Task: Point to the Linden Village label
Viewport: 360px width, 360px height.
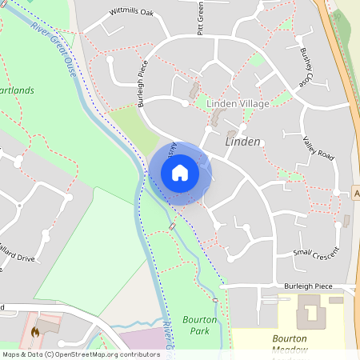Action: coord(238,104)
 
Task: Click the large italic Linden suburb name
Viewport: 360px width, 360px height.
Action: coord(243,141)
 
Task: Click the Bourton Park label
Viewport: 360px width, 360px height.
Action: coord(200,325)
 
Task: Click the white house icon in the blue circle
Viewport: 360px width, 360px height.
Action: coord(180,173)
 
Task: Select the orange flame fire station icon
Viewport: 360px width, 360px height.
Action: coord(35,331)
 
